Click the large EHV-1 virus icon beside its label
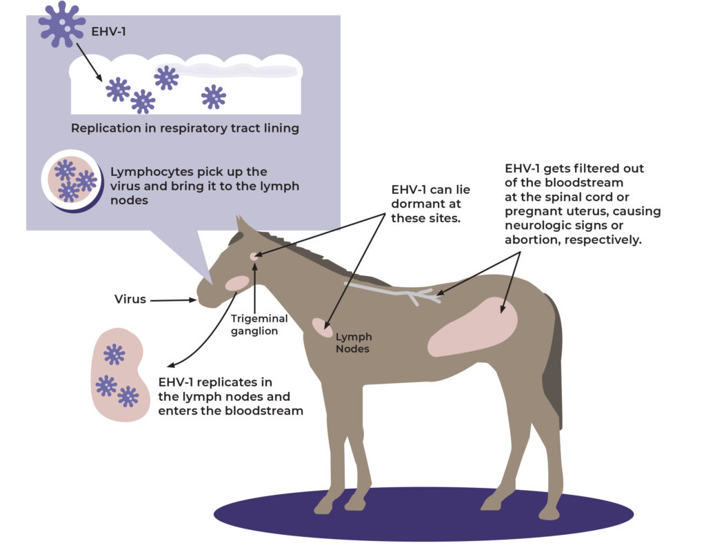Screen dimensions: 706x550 click(61, 24)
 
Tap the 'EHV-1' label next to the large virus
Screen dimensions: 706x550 click(108, 32)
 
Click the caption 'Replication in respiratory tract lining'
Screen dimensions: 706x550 click(185, 128)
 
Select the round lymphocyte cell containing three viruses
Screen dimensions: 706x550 click(72, 181)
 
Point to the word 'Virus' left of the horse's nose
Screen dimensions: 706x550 click(130, 299)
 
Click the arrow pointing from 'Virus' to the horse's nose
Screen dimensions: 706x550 click(173, 299)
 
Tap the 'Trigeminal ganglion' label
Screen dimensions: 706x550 click(259, 324)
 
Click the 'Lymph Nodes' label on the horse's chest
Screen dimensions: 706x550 click(354, 342)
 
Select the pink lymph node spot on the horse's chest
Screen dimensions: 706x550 click(323, 327)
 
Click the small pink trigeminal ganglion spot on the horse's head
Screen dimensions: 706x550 click(254, 257)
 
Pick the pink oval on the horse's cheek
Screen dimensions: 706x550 click(237, 283)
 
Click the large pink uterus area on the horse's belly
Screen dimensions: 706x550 click(472, 327)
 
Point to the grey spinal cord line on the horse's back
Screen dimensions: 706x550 click(392, 292)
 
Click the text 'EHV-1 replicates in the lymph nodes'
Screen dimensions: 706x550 click(224, 389)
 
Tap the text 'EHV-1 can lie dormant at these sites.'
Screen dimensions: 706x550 click(430, 204)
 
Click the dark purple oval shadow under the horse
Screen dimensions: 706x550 click(424, 514)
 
